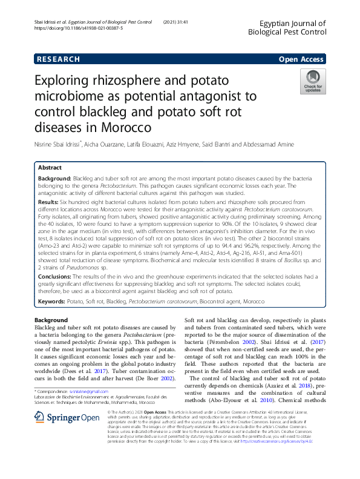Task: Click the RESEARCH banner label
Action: click(58, 59)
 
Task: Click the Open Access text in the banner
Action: click(302, 59)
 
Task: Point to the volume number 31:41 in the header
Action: click(183, 22)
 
